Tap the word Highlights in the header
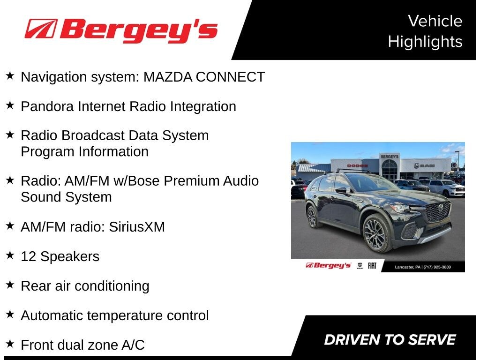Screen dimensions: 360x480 425,42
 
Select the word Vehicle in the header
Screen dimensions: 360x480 435,21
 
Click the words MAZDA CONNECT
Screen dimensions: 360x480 204,77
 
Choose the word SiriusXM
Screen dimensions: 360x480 137,227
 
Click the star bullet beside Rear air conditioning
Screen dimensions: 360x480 10,285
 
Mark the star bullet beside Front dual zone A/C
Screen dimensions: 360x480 10,344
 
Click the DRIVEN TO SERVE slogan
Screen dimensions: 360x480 390,340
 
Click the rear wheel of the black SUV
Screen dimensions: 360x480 312,217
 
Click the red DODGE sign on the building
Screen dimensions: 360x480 358,165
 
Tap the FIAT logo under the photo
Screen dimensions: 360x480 372,266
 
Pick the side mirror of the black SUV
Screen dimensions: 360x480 342,190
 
